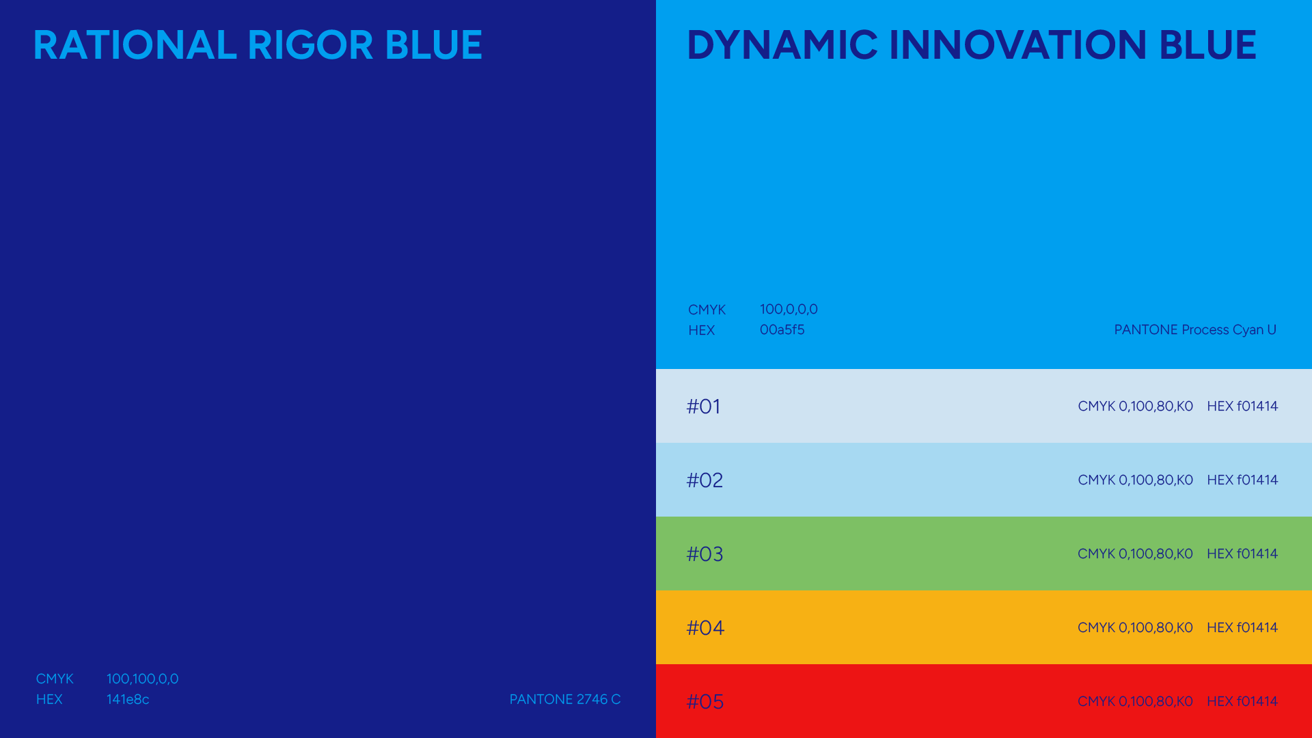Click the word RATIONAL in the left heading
[135, 45]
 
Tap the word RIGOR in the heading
[310, 45]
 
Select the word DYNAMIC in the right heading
[782, 45]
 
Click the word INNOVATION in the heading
[1018, 45]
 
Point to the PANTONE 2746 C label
[565, 699]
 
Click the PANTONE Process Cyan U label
[1195, 330]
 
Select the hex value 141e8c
[128, 699]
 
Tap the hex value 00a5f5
[782, 329]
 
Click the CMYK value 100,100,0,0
[142, 679]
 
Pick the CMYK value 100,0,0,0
[789, 309]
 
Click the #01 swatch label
[703, 407]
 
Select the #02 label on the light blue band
[705, 480]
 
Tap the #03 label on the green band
[705, 554]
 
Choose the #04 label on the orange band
[705, 628]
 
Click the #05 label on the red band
[705, 702]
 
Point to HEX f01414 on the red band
[1242, 701]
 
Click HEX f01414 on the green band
[1242, 553]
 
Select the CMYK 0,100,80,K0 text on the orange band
[1135, 627]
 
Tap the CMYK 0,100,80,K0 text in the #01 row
[1135, 406]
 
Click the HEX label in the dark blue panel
[49, 699]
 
